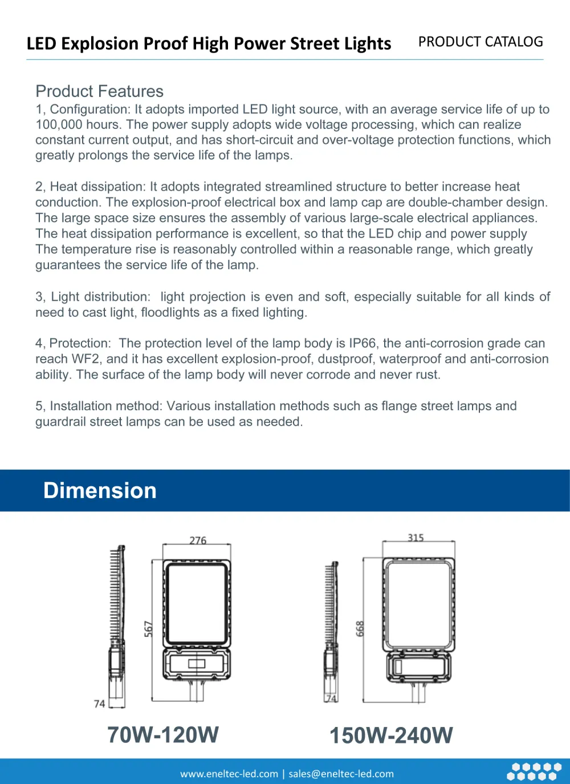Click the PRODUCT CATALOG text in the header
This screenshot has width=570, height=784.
(481, 42)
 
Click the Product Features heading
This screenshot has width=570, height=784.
(99, 91)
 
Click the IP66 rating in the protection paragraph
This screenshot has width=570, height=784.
(363, 343)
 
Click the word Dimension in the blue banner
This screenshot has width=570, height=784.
(100, 491)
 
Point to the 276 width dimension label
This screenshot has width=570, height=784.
(198, 540)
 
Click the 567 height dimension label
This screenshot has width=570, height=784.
(148, 629)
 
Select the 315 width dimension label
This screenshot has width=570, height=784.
(416, 538)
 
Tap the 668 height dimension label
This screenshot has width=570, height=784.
(360, 629)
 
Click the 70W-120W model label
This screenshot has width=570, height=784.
(163, 735)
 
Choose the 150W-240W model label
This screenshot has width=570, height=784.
(391, 735)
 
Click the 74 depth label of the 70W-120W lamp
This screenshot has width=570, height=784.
(99, 704)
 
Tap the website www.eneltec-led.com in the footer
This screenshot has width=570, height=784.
(229, 774)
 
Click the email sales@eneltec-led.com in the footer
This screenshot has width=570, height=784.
(341, 774)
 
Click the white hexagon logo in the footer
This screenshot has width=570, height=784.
(534, 771)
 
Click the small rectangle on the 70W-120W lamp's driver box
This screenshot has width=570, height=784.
(197, 664)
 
